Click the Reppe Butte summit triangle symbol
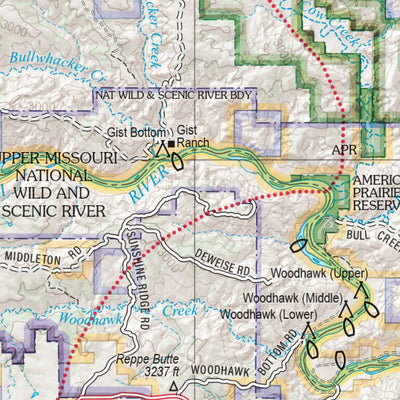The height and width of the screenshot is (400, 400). pos(174,386)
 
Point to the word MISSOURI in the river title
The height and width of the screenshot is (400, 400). pos(89,160)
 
